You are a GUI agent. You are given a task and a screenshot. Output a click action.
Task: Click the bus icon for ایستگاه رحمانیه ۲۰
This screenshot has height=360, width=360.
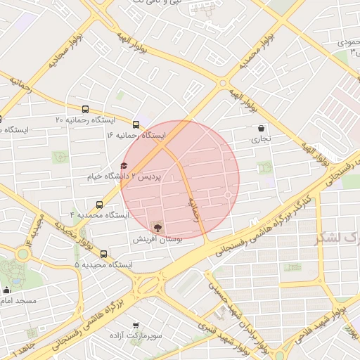pyautogui.click(x=85, y=110)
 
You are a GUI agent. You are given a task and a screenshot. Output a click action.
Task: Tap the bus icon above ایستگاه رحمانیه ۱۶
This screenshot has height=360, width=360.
pyautogui.click(x=136, y=124)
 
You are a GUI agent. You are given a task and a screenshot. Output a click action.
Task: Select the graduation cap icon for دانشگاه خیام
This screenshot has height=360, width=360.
pyautogui.click(x=124, y=166)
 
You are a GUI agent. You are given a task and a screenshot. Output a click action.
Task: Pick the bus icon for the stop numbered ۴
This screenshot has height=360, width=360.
pyautogui.click(x=98, y=205)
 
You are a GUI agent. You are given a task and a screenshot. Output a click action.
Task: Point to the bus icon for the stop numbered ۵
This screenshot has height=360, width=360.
pyautogui.click(x=104, y=254)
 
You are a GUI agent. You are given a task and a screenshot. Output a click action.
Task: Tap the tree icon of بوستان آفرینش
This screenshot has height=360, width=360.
pyautogui.click(x=156, y=227)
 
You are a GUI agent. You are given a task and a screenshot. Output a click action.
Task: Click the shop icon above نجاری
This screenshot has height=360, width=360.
pyautogui.click(x=262, y=129)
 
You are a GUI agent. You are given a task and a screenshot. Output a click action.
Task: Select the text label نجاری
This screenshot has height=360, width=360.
pyautogui.click(x=261, y=139)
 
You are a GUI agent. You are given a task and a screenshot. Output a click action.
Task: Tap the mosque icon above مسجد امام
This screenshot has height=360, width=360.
pyautogui.click(x=7, y=290)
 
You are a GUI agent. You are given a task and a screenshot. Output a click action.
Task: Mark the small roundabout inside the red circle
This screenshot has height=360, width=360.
pyautogui.click(x=228, y=195)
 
